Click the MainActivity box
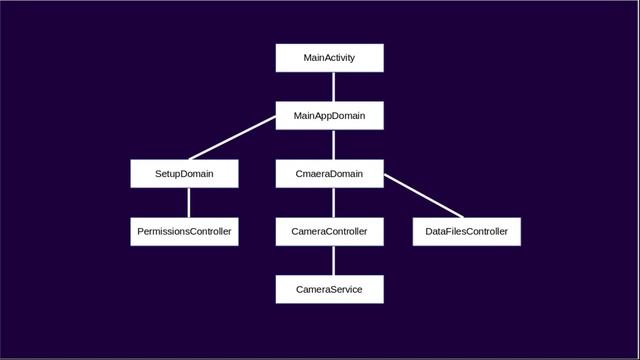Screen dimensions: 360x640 (x=329, y=58)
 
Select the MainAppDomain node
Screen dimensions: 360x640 (x=329, y=116)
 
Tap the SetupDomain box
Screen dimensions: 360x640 (x=184, y=174)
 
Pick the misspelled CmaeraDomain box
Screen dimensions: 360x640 (x=329, y=174)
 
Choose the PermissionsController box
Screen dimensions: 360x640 (x=184, y=232)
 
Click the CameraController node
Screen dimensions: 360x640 (x=329, y=232)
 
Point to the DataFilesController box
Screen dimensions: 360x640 (x=466, y=232)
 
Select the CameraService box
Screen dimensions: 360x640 (x=329, y=290)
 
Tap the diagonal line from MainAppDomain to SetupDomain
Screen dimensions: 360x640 (x=232, y=138)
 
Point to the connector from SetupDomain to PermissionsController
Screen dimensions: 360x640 (x=184, y=203)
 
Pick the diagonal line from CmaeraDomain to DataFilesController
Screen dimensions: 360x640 (x=424, y=196)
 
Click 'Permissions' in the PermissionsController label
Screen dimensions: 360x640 (x=165, y=232)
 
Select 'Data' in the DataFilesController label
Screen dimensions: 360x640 (x=437, y=232)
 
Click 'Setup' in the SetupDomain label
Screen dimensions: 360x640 (x=168, y=174)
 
